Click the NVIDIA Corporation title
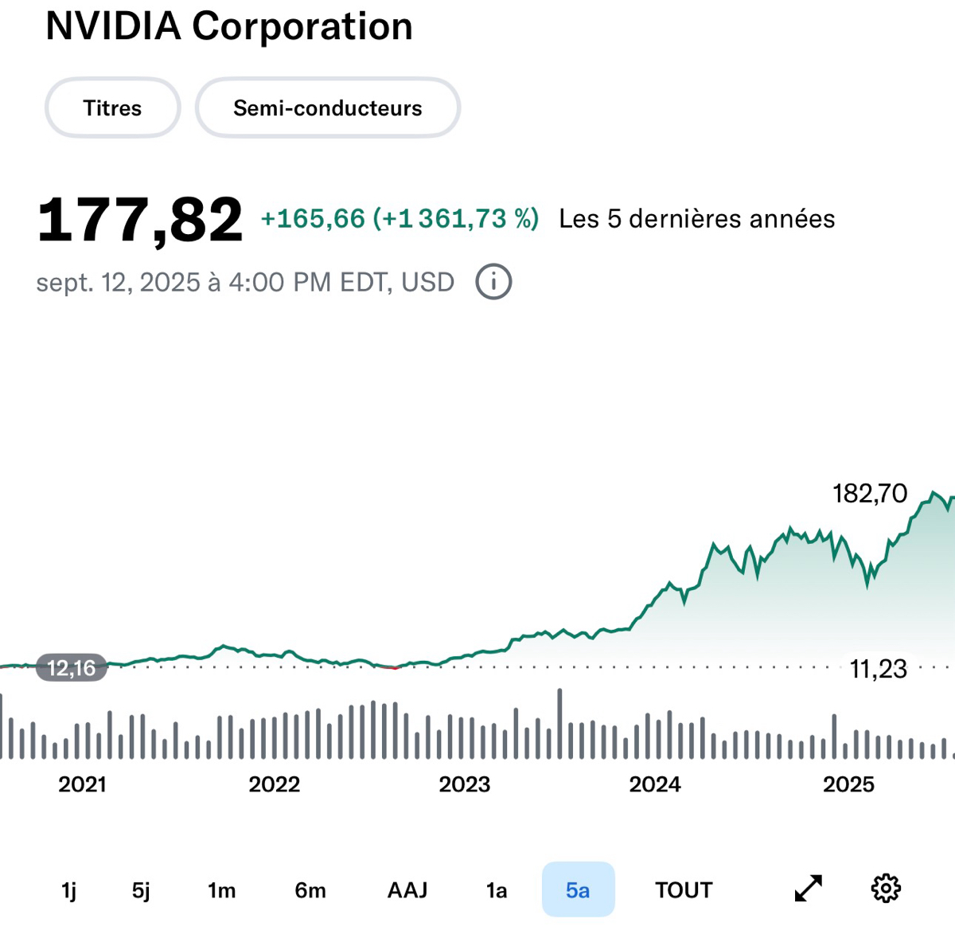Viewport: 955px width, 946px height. coord(229,27)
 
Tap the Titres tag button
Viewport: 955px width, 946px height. coord(112,108)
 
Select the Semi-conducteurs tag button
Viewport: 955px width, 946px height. coord(327,108)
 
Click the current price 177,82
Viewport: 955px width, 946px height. coord(140,220)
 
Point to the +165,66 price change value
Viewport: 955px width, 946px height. coord(313,219)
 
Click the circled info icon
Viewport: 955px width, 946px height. coord(493,282)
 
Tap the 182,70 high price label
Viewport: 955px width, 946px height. coord(870,494)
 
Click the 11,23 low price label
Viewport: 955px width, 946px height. coord(878,669)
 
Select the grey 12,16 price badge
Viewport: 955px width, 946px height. coord(72,668)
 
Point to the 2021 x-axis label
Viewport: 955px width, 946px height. coord(82,784)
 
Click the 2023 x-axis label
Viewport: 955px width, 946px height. coord(465,784)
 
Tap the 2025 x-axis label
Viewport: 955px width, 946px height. coord(848,784)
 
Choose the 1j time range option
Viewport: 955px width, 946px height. coord(69,890)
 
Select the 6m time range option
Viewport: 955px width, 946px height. coord(310,890)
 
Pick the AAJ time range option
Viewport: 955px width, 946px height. coord(407,890)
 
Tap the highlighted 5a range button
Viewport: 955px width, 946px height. coord(578,889)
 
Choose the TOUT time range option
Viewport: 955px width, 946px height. coord(684,890)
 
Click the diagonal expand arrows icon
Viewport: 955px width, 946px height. coord(809,889)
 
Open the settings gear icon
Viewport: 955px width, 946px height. coord(886,889)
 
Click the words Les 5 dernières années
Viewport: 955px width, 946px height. coord(697,219)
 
